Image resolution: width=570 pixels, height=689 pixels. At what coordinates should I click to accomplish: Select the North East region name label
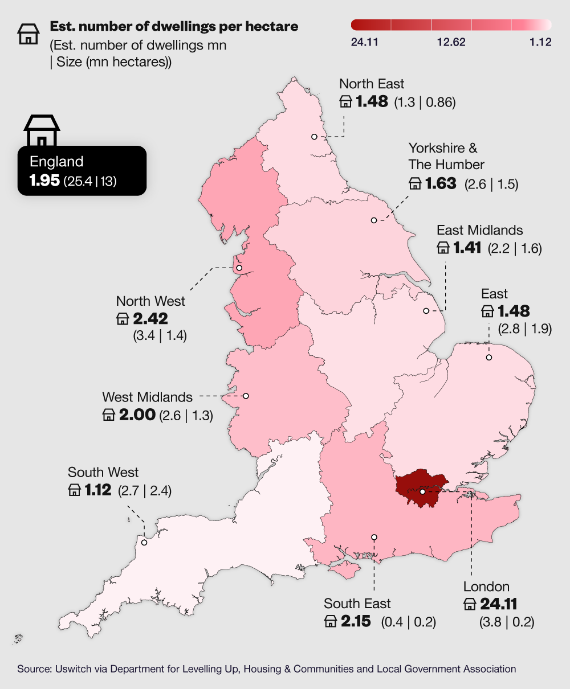[372, 84]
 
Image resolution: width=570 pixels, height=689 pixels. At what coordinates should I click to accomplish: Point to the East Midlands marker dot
[426, 311]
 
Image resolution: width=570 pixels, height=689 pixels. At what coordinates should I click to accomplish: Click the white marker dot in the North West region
[239, 268]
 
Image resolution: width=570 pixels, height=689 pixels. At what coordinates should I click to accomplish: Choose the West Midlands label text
[147, 397]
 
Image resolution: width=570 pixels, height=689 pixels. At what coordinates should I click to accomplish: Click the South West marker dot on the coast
[144, 542]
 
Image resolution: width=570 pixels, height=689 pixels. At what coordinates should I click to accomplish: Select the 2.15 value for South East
[356, 621]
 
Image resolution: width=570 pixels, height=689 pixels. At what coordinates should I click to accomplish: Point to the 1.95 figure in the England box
[44, 182]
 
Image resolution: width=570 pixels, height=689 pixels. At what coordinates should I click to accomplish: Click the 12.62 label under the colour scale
[451, 42]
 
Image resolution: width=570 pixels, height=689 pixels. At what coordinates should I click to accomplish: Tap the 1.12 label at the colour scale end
[540, 42]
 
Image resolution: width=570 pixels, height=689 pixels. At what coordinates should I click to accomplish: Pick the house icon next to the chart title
[28, 34]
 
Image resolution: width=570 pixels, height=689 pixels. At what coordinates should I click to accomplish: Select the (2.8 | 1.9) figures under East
[524, 329]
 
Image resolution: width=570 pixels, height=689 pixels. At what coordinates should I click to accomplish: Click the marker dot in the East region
[488, 357]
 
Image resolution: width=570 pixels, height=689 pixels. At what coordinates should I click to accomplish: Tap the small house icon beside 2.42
[123, 319]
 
